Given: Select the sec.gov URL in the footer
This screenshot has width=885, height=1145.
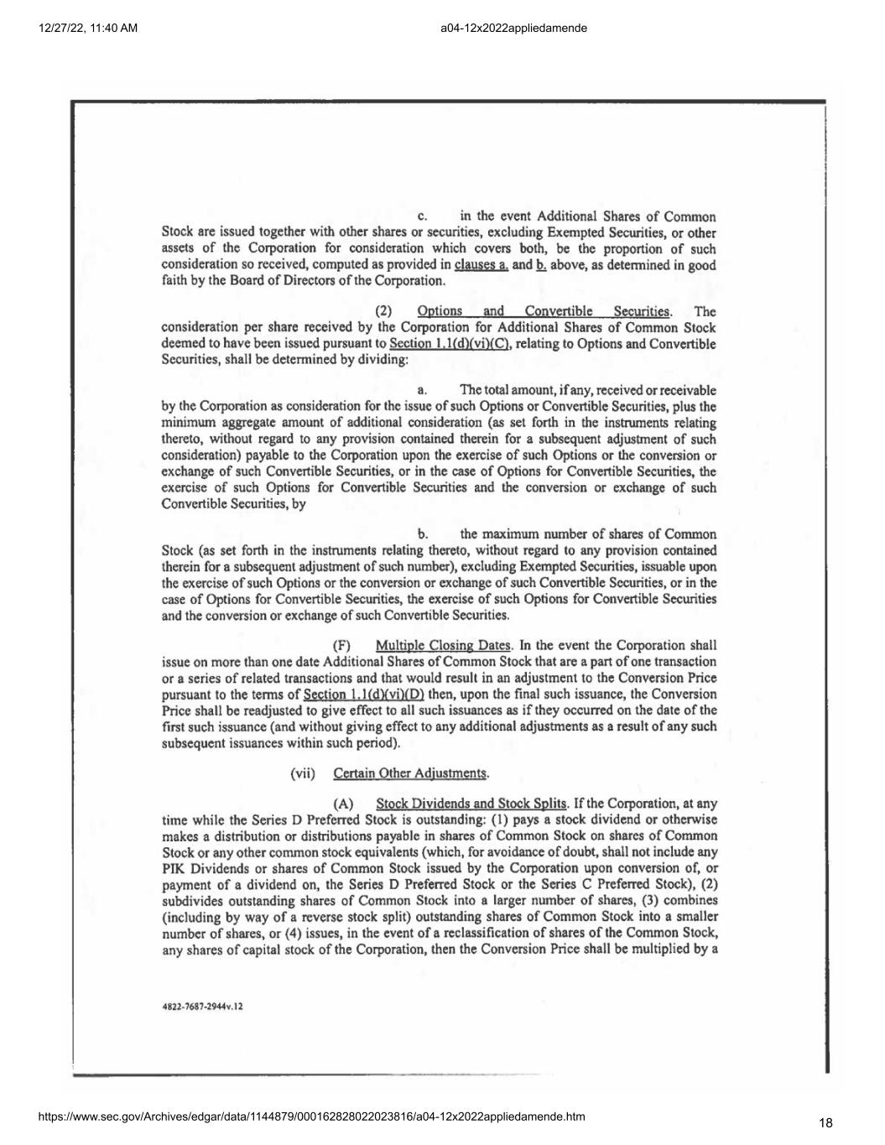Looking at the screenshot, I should coord(311,1116).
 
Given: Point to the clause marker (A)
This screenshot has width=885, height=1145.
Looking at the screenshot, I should coord(342,804).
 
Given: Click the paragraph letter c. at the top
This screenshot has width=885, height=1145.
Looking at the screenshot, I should coord(422,217).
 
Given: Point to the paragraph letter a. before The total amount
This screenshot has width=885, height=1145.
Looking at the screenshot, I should coord(423,391).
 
